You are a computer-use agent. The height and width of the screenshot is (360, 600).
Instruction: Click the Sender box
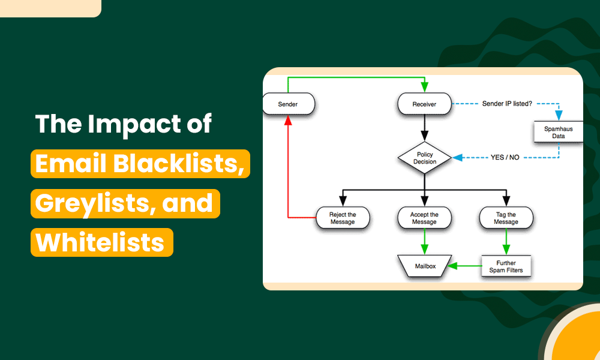tap(288, 104)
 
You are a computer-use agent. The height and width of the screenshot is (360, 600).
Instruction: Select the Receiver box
tap(424, 104)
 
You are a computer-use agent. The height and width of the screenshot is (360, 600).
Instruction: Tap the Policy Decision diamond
tap(425, 158)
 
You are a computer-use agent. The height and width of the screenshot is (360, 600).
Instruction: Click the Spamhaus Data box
tap(559, 132)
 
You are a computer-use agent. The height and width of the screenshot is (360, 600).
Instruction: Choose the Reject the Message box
tap(343, 218)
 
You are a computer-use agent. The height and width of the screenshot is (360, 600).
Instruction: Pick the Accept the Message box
tap(424, 218)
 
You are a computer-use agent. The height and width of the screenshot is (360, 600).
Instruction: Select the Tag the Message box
tap(506, 218)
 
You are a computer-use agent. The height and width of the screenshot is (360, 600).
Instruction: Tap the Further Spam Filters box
tap(506, 266)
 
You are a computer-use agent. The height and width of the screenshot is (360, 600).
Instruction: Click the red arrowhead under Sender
tap(288, 120)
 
